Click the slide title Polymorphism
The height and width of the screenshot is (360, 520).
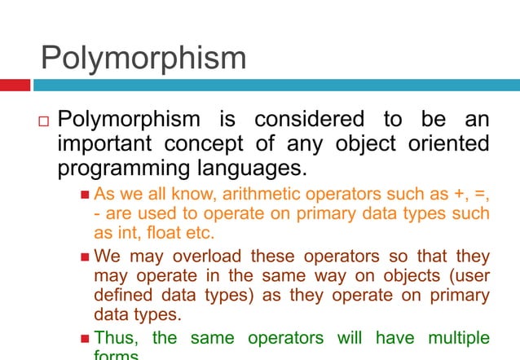(143, 58)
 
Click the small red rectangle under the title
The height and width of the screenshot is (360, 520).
(15, 85)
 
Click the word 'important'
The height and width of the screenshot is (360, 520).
(101, 145)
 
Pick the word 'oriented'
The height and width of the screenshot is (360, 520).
(443, 145)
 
